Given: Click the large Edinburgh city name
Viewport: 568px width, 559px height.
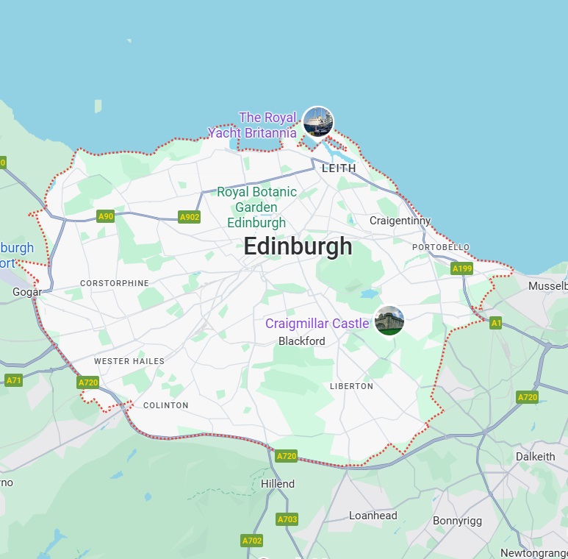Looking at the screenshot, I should click(298, 246).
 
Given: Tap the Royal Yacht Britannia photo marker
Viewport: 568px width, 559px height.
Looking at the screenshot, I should click(318, 121).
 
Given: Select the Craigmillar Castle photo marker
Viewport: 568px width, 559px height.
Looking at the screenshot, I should click(389, 321).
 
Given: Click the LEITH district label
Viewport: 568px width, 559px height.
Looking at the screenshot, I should click(339, 168).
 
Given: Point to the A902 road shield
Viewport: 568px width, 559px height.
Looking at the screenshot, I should click(190, 217).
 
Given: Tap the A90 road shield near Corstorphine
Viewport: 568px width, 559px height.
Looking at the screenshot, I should click(106, 216).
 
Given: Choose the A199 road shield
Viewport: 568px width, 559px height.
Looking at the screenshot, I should click(462, 269).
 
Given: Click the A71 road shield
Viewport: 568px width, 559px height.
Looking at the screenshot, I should click(13, 380).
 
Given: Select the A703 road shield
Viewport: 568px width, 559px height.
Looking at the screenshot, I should click(287, 519).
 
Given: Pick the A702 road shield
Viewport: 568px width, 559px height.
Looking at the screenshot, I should click(251, 541).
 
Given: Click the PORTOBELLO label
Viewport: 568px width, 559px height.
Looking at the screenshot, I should click(440, 247).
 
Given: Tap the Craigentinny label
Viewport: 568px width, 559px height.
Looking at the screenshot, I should click(400, 221).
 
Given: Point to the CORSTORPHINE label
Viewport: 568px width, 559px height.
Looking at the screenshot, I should click(114, 283).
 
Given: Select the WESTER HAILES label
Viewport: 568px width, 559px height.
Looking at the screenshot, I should click(129, 361).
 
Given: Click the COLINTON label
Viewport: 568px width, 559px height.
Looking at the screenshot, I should click(165, 405).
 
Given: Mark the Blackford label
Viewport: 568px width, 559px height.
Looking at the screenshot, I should click(301, 341).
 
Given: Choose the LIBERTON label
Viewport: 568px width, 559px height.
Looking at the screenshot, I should click(351, 386).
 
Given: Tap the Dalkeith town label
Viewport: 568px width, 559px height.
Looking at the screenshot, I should click(535, 456).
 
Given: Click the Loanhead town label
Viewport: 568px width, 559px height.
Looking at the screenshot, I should click(373, 516).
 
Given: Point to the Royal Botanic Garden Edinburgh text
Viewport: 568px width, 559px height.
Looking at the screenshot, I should click(256, 207).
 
